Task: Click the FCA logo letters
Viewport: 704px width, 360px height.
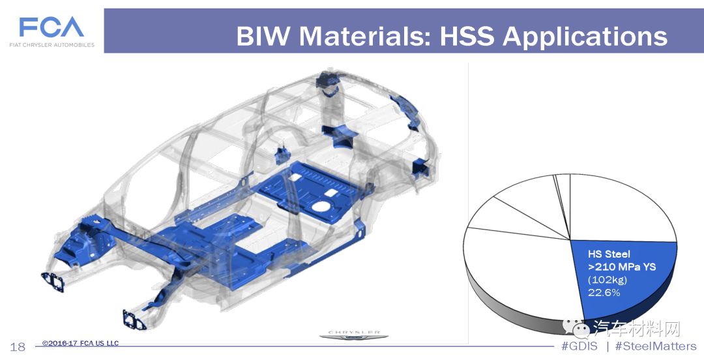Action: [x=51, y=27]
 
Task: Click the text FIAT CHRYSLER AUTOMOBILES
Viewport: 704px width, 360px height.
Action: [x=52, y=45]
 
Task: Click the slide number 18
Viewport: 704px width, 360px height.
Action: [x=18, y=347]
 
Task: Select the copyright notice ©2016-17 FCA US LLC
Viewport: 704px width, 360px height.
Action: [x=80, y=344]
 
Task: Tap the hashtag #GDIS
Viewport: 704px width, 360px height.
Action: [x=579, y=346]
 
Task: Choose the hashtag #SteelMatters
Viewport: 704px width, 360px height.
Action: [x=656, y=346]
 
